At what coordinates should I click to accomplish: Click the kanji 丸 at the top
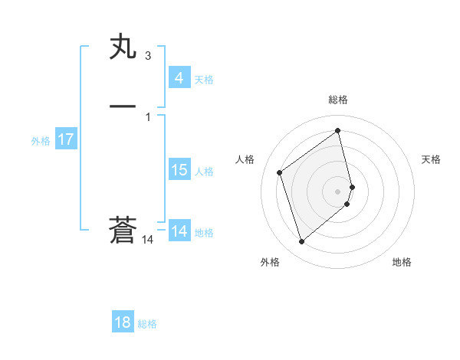point(123,48)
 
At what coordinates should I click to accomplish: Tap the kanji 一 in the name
point(123,106)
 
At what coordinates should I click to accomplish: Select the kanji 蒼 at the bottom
point(123,231)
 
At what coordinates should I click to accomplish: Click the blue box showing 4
point(179,77)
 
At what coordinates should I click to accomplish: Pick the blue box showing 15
point(179,169)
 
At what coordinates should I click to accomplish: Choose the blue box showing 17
point(66,139)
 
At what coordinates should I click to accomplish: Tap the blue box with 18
point(123,322)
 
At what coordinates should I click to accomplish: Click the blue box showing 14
point(179,231)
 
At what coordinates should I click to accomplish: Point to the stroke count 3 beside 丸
point(147,55)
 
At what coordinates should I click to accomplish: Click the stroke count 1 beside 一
point(147,116)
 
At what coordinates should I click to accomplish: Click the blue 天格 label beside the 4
point(204,79)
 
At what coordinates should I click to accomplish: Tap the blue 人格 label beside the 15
point(204,171)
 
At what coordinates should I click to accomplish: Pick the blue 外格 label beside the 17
point(41,140)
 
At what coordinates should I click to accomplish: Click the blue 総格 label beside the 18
point(147,324)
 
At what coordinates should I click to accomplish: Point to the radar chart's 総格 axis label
point(338,100)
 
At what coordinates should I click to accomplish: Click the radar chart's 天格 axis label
point(432,159)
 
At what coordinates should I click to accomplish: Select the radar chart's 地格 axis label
point(402,262)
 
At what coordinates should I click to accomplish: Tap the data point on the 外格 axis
point(301,242)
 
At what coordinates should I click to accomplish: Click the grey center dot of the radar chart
point(338,191)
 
